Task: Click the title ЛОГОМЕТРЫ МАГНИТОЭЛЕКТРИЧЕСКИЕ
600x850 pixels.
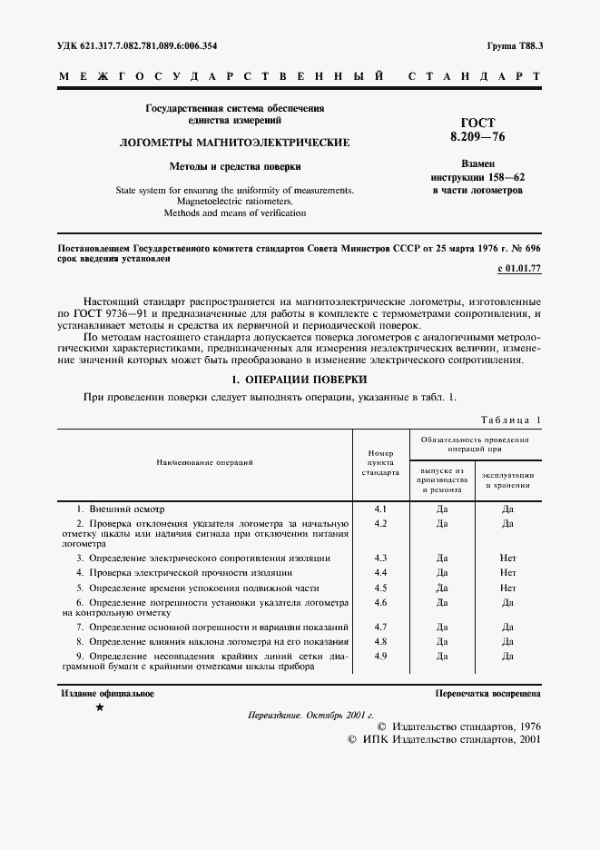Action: [x=235, y=143]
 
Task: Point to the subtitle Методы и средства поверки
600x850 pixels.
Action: [x=235, y=167]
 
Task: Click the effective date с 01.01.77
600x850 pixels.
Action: [x=519, y=270]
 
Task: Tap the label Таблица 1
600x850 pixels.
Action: [x=508, y=420]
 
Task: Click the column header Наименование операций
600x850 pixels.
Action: [x=204, y=462]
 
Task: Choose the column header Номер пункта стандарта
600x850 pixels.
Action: [x=380, y=462]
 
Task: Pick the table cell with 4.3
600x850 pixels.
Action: [x=380, y=558]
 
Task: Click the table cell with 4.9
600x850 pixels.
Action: [x=380, y=656]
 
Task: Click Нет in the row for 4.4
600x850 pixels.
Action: [x=507, y=574]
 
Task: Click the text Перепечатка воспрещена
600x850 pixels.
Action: [x=488, y=694]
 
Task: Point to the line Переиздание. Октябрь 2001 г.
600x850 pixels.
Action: [x=310, y=715]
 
